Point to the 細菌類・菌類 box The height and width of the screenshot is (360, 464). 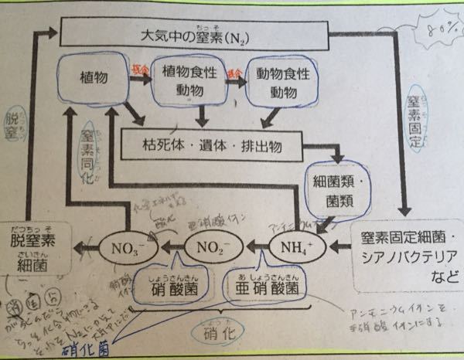click(x=331, y=190)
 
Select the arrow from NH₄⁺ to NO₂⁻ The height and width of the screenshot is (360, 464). click(x=256, y=249)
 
